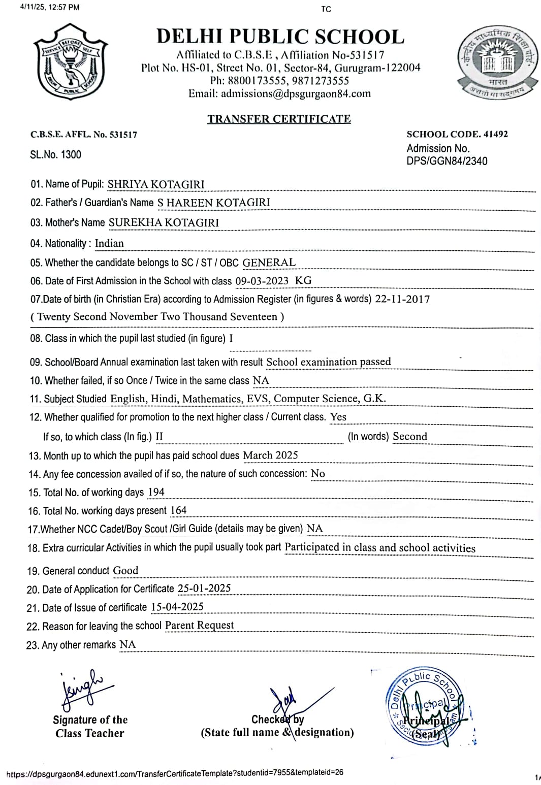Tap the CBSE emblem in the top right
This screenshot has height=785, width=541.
click(498, 63)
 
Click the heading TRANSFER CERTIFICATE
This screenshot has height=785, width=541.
click(279, 119)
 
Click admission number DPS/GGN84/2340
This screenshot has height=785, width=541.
click(447, 161)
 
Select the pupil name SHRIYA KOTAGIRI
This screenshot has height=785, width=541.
click(156, 184)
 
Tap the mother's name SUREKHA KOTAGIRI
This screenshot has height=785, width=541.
click(164, 222)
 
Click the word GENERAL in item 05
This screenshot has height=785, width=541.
click(269, 262)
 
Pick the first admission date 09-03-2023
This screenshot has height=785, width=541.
click(262, 281)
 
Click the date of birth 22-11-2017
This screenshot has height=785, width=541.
click(402, 299)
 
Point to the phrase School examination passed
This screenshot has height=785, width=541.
click(329, 362)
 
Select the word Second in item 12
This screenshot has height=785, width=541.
click(410, 436)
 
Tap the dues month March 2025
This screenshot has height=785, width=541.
click(270, 455)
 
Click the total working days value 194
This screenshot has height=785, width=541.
click(156, 492)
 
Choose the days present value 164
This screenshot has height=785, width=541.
click(178, 510)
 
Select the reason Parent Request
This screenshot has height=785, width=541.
click(199, 625)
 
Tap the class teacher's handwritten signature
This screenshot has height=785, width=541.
click(81, 691)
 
